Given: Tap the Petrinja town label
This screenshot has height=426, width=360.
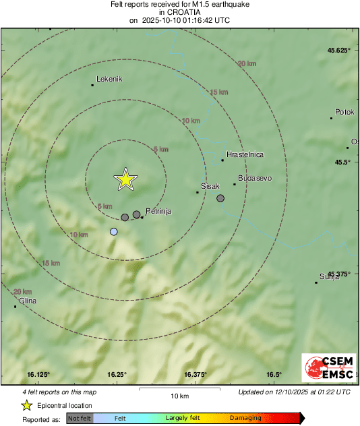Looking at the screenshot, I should tap(158, 211).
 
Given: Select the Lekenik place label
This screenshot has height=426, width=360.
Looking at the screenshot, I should tap(109, 79).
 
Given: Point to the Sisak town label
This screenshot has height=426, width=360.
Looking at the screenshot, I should tap(211, 185).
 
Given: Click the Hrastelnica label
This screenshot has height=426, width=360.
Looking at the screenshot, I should tap(245, 154).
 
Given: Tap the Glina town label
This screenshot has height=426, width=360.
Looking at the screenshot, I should tap(28, 301).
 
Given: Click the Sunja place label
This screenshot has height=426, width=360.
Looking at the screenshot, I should tap(330, 276).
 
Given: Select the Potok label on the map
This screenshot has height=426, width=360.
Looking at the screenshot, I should tap(344, 112).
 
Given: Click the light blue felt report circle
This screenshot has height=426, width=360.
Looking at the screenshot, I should tap(114, 232).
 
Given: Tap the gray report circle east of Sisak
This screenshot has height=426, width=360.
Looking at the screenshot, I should tap(220, 198).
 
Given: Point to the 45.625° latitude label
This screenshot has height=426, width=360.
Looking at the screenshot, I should tap(338, 51).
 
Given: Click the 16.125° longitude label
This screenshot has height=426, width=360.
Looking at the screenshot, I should tap(39, 375).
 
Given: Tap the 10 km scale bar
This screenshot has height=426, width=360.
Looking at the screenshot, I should tap(179, 390).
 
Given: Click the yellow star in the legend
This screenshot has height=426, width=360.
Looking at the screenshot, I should tap(26, 405).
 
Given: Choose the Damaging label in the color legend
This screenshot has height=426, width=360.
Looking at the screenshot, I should tap(245, 418).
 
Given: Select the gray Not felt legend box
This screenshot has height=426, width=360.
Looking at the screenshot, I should tap(80, 419).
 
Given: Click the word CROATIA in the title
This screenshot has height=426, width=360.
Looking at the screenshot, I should tap(179, 12).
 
